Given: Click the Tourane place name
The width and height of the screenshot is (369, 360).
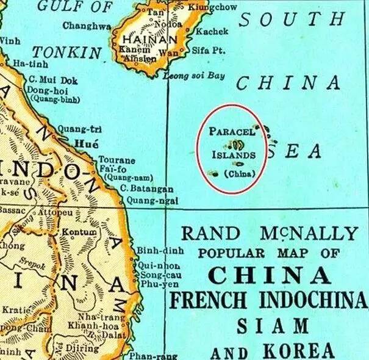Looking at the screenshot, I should pos(118,160).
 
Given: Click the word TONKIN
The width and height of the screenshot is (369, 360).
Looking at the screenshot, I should pos(66,52).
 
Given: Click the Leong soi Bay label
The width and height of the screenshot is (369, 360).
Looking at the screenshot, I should pos(195,76).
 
